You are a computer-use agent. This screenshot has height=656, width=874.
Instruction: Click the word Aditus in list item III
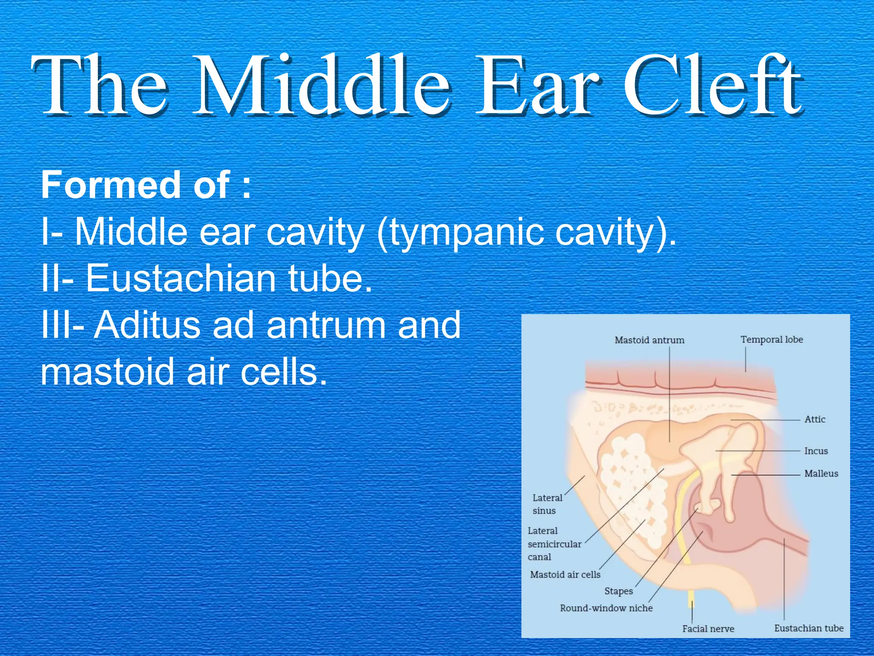point(147,325)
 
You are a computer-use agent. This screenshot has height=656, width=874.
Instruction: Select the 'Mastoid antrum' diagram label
point(649,340)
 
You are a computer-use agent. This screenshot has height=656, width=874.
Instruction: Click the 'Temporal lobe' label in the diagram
point(772,340)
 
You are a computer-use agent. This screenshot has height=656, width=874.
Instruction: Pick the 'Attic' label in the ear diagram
point(815,419)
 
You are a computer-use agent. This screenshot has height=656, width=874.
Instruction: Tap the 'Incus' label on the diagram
point(816,451)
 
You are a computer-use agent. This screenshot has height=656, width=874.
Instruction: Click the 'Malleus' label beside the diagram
point(821,473)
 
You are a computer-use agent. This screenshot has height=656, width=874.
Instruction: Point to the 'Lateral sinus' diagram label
point(547,504)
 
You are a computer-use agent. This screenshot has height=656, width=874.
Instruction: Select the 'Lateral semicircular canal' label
point(554,544)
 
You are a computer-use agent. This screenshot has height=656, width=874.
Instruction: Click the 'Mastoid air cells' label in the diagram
point(565,574)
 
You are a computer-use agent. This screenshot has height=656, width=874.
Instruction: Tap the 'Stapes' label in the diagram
point(618,591)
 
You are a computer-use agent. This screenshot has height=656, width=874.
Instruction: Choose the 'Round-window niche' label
point(606,608)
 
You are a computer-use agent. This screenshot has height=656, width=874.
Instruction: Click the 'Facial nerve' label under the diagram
point(708,629)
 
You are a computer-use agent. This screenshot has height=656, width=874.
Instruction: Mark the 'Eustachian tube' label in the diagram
point(809,628)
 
